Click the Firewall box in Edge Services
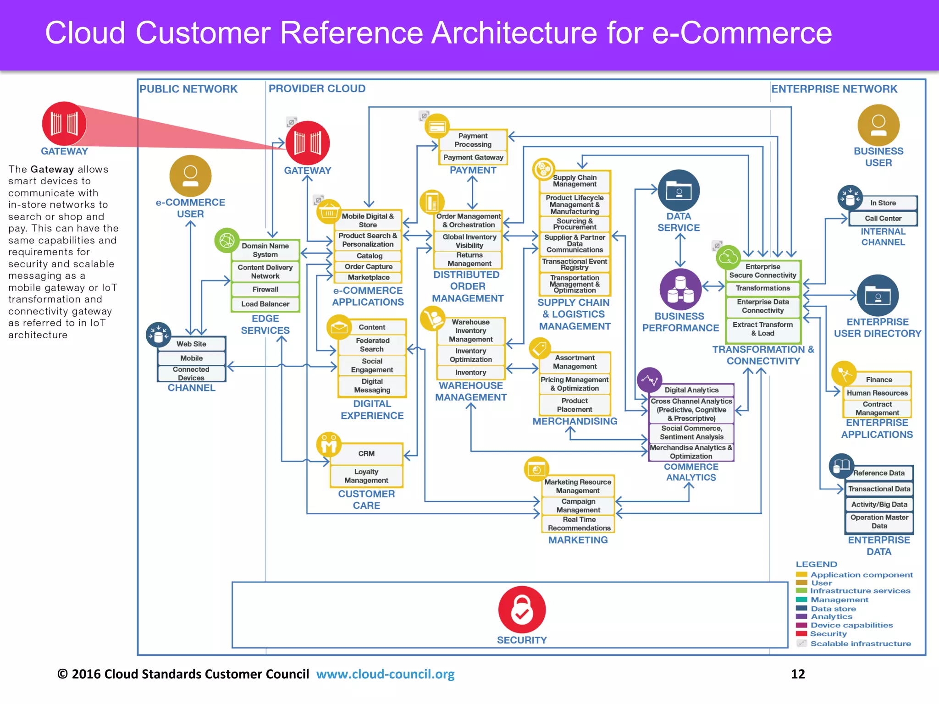pyautogui.click(x=265, y=289)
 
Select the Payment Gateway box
pyautogui.click(x=473, y=157)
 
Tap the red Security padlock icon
pyautogui.click(x=522, y=609)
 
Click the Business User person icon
pyautogui.click(x=878, y=125)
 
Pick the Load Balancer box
pyautogui.click(x=265, y=304)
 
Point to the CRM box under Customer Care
pyautogui.click(x=366, y=453)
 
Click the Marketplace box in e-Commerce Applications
pyautogui.click(x=368, y=277)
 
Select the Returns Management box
pyautogui.click(x=469, y=259)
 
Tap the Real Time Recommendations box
pyautogui.click(x=579, y=523)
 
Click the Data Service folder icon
pyautogui.click(x=679, y=190)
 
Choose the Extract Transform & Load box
pyautogui.click(x=762, y=329)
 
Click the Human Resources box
pyautogui.click(x=877, y=393)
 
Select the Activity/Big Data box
pyautogui.click(x=879, y=504)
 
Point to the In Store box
pyautogui.click(x=883, y=203)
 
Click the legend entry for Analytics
pyautogui.click(x=831, y=616)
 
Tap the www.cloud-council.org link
pyautogui.click(x=385, y=674)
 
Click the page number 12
pyautogui.click(x=798, y=674)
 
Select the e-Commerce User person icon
pyautogui.click(x=190, y=176)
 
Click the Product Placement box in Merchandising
pyautogui.click(x=574, y=405)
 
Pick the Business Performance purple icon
pyautogui.click(x=680, y=289)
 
